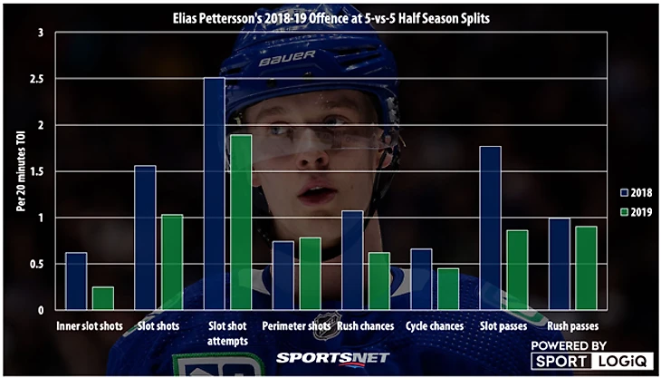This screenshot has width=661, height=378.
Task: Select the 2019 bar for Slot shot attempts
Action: pyautogui.click(x=241, y=222)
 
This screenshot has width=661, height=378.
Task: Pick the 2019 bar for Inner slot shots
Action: pyautogui.click(x=102, y=299)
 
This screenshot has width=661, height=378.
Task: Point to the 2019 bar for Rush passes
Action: pyautogui.click(x=586, y=268)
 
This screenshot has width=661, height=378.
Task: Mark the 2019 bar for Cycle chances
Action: pyautogui.click(x=448, y=289)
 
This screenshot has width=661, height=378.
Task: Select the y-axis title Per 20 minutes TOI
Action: pyautogui.click(x=20, y=171)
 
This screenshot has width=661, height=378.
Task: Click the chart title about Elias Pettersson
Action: pyautogui.click(x=330, y=17)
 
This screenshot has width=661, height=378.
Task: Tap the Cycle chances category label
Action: pyautogui.click(x=435, y=325)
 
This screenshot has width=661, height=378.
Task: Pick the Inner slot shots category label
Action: pyautogui.click(x=90, y=325)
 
